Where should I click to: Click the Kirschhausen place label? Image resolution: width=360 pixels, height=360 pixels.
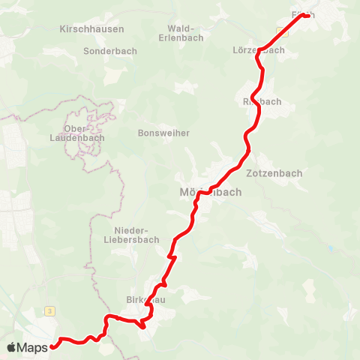[x=91, y=28]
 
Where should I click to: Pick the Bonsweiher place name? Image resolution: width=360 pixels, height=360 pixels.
[x=164, y=133]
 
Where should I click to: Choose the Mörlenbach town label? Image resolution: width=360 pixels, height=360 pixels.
[x=211, y=191]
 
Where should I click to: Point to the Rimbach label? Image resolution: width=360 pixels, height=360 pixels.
[x=262, y=101]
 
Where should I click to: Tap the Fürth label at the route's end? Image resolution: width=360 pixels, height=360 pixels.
[x=303, y=14]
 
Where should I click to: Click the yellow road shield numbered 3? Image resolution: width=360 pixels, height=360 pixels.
[x=49, y=310]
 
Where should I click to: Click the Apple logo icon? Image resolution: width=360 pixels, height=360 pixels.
[x=11, y=347]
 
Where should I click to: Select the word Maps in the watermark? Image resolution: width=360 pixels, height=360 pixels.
[x=33, y=347]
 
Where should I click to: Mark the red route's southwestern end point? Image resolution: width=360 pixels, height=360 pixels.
[x=53, y=346]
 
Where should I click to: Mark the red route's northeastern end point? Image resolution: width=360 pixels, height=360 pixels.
[x=307, y=16]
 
